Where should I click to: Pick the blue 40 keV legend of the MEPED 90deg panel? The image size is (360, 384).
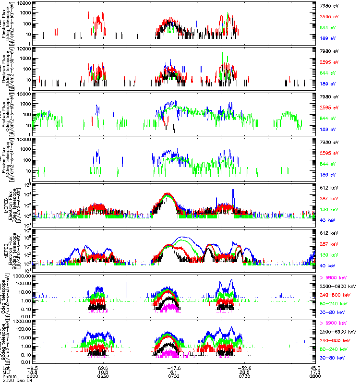click(327, 265)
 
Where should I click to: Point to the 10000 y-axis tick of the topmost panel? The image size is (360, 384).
click(25, 3)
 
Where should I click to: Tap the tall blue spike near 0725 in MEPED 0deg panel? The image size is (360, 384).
click(233, 191)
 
